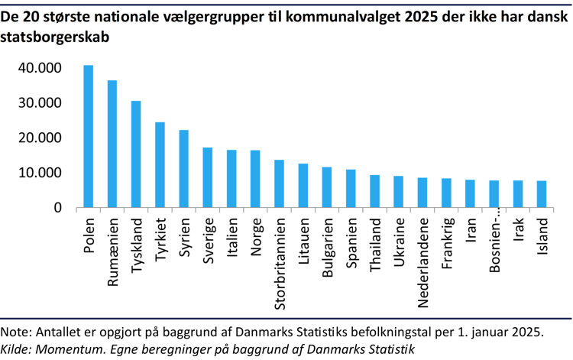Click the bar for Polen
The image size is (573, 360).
(x=89, y=136)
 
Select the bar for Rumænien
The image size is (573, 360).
(x=112, y=144)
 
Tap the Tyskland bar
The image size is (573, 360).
(x=136, y=154)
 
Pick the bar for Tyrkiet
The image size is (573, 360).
(x=160, y=164)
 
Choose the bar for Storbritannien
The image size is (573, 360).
(x=279, y=183)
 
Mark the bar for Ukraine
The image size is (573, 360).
(x=398, y=192)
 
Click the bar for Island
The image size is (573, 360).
(x=541, y=194)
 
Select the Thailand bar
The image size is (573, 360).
(x=374, y=191)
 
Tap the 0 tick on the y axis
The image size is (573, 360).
(x=58, y=208)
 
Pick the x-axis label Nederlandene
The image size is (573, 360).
(x=422, y=260)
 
